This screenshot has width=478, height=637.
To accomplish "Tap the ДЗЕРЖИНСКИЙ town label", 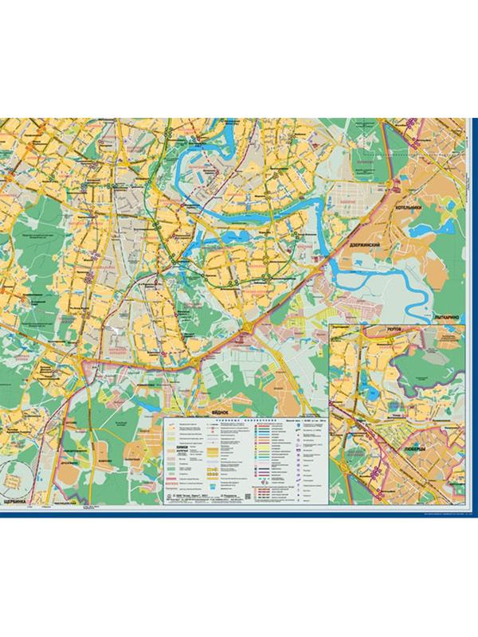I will (368, 246).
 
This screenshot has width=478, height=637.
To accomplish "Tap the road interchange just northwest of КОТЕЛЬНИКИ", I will (396, 185).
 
